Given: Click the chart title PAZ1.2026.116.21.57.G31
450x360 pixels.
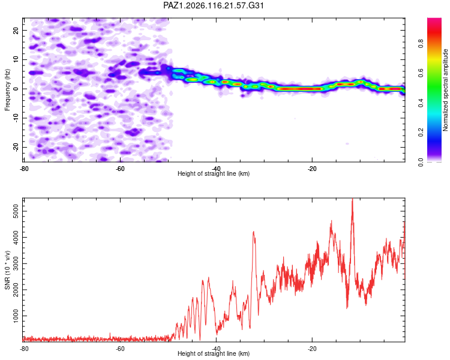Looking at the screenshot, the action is [214, 5].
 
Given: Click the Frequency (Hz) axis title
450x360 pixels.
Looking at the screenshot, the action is [7, 90].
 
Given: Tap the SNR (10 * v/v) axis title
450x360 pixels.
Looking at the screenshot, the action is [7, 270].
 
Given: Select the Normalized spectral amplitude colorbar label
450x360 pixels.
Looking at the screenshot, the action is [445, 90].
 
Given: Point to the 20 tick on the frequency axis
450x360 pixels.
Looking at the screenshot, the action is [16, 30].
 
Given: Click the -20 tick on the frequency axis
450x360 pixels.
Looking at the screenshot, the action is [16, 147].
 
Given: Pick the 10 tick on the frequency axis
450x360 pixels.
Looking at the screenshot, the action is [16, 59].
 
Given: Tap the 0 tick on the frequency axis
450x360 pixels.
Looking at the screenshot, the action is [16, 89].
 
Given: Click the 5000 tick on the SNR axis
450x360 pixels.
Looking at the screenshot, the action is [16, 211].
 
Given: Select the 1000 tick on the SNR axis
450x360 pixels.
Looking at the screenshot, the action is [16, 316].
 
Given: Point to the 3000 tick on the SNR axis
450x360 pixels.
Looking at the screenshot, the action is [16, 263].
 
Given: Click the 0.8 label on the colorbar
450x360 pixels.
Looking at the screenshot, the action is [421, 44].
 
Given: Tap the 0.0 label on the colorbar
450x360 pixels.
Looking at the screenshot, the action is [421, 162].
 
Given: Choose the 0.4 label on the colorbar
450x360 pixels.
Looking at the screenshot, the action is [421, 103].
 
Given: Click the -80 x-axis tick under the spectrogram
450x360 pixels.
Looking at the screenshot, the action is [24, 169].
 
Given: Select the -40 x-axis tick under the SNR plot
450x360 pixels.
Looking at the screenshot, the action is [216, 349].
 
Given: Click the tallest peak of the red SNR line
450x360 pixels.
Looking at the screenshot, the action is [352, 199].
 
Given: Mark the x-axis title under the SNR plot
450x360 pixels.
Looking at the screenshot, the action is [214, 353].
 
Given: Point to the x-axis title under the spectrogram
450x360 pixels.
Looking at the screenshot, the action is [214, 173].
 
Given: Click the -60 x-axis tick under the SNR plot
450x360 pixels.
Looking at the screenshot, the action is [120, 349].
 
